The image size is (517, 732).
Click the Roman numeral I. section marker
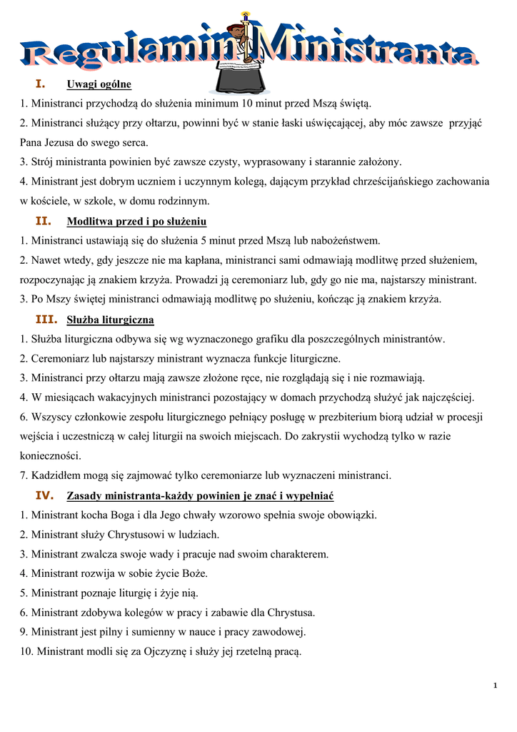point(41,84)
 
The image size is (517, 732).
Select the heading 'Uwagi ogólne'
point(99,84)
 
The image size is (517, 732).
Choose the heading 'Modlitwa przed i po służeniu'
point(136,222)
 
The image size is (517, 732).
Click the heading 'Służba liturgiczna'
point(110,320)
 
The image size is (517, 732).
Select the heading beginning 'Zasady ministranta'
point(200,495)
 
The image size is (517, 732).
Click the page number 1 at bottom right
point(495,686)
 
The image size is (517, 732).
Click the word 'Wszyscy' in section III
point(51,417)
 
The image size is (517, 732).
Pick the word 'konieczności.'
point(51,455)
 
